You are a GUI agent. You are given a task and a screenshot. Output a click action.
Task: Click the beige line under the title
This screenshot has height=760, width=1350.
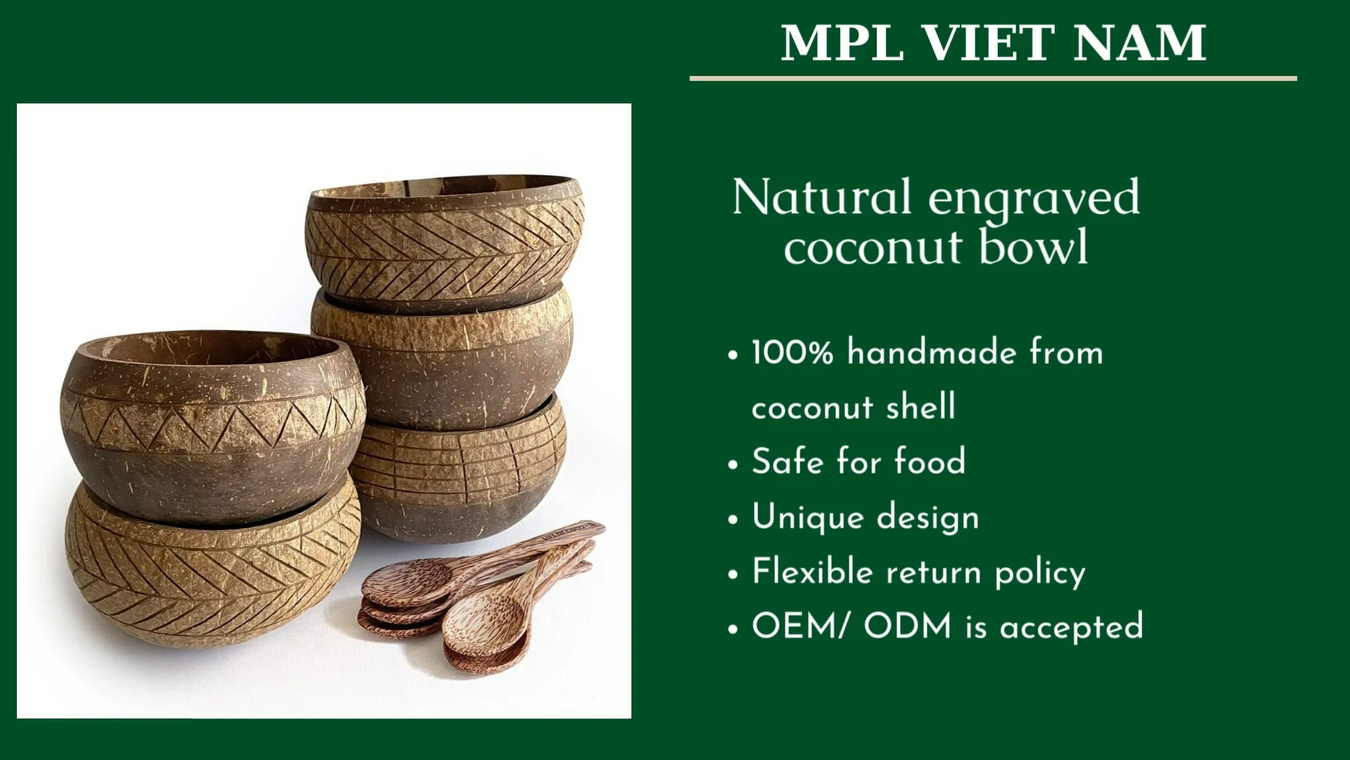click(x=993, y=78)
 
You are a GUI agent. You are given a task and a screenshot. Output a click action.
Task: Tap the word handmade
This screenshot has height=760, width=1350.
click(x=931, y=352)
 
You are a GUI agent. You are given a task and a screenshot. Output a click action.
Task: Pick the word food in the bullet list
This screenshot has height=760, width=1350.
click(x=930, y=462)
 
